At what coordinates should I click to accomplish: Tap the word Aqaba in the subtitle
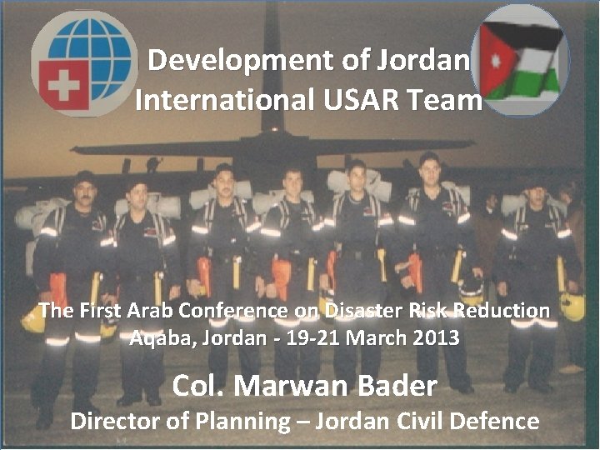point(159,338)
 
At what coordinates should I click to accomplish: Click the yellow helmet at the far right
point(572,306)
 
